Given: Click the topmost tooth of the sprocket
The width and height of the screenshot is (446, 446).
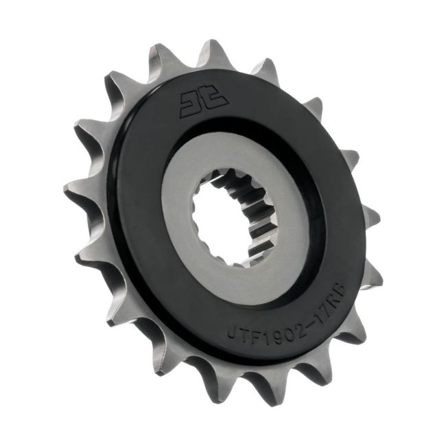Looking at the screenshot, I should [210, 51].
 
